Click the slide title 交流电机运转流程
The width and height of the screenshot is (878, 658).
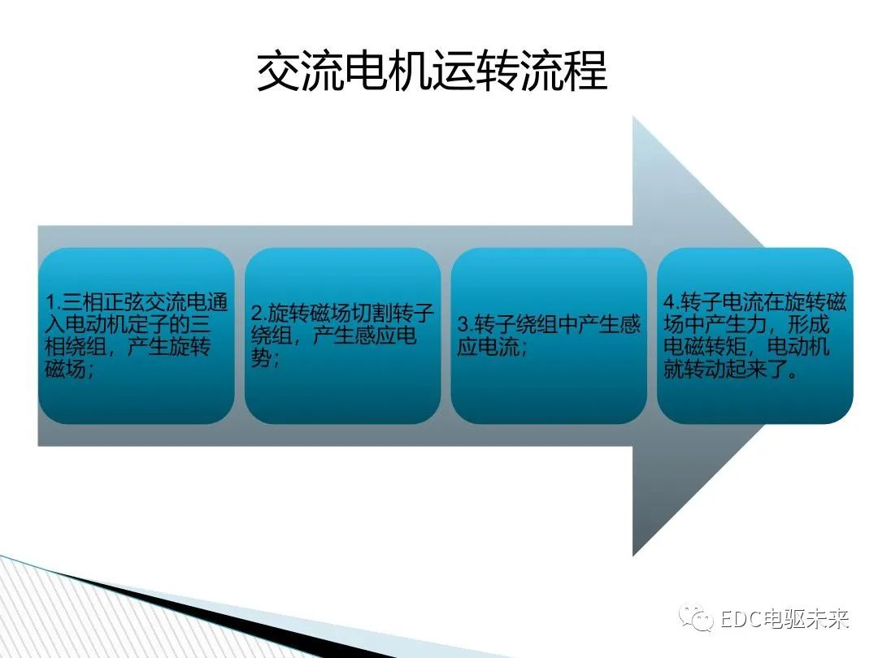pos(432,72)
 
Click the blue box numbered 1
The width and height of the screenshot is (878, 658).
pos(137,335)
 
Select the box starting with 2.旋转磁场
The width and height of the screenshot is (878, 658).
pos(342,335)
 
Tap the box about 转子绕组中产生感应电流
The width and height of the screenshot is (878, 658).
pos(549,335)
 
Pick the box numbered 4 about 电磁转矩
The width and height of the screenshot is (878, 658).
pos(755,335)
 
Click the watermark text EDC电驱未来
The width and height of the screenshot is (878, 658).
pos(785,620)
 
